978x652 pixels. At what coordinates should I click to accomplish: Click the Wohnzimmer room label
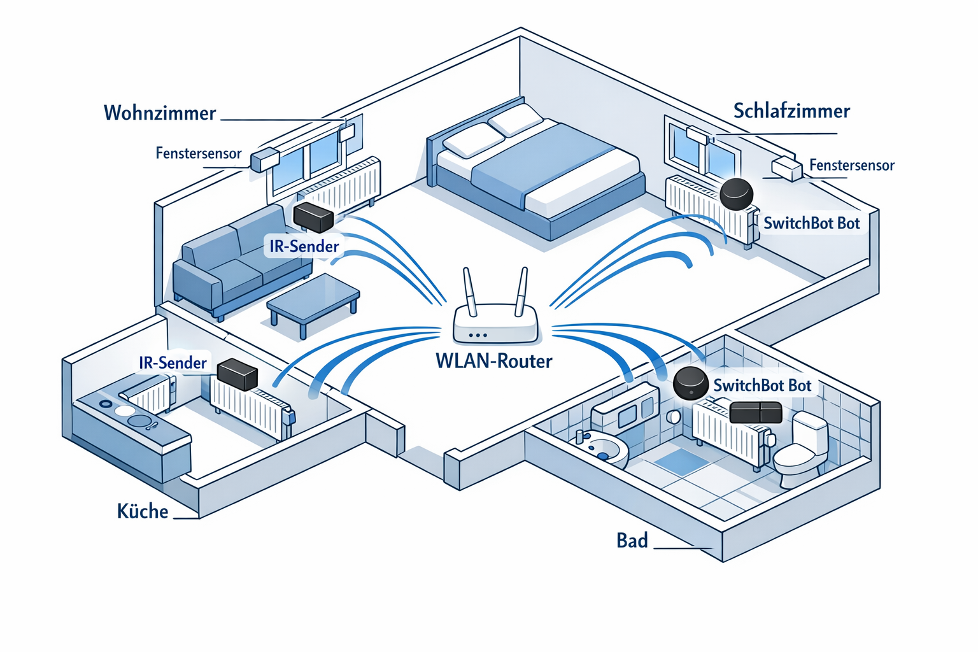coord(160,113)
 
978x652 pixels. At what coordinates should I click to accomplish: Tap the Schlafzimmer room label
coord(791,111)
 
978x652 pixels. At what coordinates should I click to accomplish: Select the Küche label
coord(143,511)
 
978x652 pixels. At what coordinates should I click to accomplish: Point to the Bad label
coord(632,541)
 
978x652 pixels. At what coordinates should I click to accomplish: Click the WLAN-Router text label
coord(493,361)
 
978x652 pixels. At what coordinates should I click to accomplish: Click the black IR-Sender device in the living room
coord(313,217)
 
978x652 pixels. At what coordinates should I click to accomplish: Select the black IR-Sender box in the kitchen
coord(237,374)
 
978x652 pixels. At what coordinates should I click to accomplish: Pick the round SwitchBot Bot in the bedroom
coord(736,193)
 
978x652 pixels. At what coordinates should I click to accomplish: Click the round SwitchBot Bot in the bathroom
coord(690,383)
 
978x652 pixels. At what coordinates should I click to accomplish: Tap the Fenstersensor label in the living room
coord(199,153)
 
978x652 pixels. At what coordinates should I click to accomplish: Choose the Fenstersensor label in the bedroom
coord(851,166)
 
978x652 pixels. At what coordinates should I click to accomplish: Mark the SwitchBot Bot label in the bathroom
coord(762,386)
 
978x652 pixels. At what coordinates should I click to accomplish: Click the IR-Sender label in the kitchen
coord(173,363)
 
